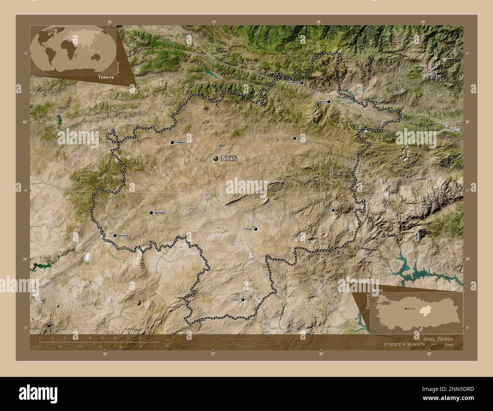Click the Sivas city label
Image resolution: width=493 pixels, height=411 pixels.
[229, 159]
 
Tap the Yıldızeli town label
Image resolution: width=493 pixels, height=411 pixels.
[181, 142]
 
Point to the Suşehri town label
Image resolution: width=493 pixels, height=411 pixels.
[321, 102]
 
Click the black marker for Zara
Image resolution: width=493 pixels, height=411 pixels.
[294, 138]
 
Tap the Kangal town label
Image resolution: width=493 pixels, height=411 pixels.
[248, 229]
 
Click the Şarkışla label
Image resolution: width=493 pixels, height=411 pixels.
[160, 213]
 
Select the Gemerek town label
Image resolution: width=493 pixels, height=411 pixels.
[124, 235]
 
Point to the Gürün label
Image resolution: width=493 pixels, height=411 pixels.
[236, 300]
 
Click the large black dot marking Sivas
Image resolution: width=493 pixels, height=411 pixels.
[216, 159]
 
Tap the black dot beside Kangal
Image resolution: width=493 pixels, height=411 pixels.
[256, 229]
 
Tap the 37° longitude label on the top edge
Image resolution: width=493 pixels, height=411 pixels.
[214, 22]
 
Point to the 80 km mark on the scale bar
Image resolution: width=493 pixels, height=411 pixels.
[140, 337]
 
